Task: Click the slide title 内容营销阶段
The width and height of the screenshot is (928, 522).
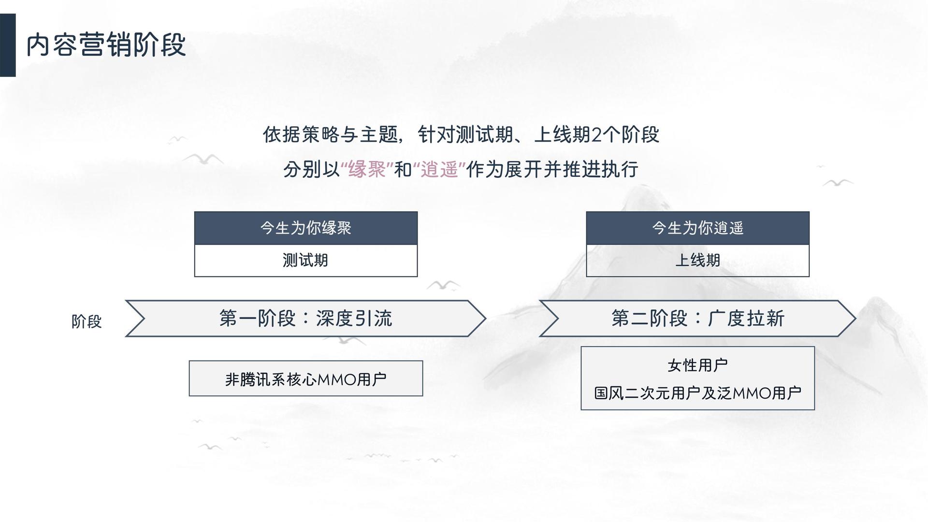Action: click(106, 45)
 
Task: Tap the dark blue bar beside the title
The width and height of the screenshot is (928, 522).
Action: click(8, 45)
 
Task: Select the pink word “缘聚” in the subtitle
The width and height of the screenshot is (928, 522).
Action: click(367, 170)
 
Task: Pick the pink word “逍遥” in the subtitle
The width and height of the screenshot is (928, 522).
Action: click(439, 170)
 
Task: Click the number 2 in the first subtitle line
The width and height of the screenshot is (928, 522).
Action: click(596, 135)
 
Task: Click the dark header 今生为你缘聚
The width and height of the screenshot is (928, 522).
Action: click(306, 228)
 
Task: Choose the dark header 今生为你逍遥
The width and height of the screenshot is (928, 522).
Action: click(697, 228)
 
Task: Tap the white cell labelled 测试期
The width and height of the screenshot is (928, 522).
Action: click(306, 261)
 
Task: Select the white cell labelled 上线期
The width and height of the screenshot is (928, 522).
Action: click(697, 261)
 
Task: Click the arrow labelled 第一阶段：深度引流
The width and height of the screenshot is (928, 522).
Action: click(306, 319)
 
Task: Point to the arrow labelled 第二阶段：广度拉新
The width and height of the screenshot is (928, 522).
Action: click(697, 319)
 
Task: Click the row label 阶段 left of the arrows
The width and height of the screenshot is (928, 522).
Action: click(87, 321)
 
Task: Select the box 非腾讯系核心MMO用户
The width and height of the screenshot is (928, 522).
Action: click(306, 378)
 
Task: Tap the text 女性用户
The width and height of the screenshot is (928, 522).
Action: click(697, 365)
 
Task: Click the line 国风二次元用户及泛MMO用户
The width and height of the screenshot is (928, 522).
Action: click(697, 393)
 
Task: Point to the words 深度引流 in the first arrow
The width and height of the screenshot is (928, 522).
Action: click(354, 319)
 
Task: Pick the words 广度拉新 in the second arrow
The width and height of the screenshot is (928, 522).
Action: click(746, 319)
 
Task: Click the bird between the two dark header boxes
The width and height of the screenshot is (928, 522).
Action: click(443, 284)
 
